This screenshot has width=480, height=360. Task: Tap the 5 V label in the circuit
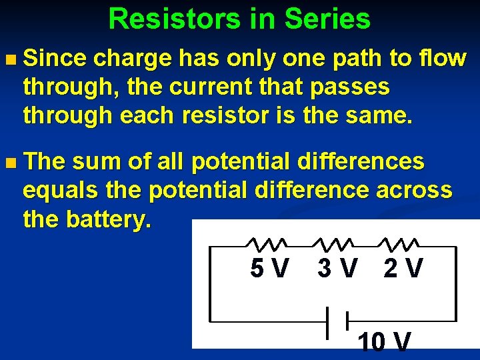tap(269, 269)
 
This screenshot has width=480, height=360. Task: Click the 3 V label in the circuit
tap(337, 269)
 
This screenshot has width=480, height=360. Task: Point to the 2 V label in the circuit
tap(403, 269)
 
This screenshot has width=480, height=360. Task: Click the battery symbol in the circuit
tap(337, 322)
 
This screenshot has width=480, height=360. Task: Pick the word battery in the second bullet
tap(111, 219)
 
